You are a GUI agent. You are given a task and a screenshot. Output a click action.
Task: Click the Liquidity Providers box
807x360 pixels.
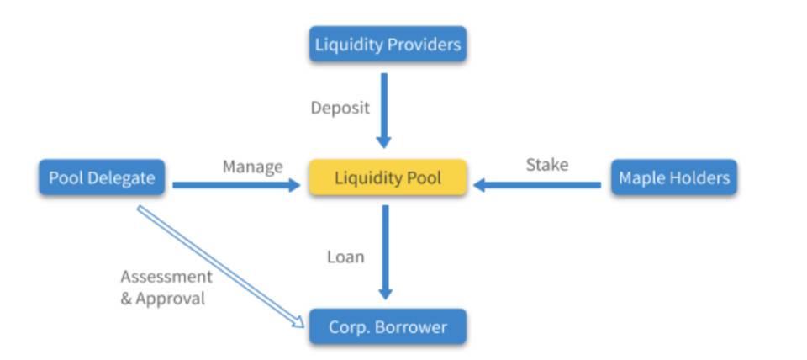388,44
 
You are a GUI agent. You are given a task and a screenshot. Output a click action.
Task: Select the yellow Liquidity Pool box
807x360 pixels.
388,178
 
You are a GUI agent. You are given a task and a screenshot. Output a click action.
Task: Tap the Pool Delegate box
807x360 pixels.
102,178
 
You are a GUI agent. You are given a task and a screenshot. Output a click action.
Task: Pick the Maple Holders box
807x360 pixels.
673,178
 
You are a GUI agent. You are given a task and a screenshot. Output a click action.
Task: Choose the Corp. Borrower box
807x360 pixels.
388,326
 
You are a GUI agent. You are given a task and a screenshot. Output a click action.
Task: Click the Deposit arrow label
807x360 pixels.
340,108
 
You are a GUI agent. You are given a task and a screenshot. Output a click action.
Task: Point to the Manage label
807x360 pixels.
252,167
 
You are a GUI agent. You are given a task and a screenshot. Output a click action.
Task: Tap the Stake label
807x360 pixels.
546,164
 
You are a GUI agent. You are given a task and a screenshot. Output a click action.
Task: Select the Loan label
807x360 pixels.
345,257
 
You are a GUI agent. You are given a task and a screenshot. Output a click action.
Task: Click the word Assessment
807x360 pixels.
166,277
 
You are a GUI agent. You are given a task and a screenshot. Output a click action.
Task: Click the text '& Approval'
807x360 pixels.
162,298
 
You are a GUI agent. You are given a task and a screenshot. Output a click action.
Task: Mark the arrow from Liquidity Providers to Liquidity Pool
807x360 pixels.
384,109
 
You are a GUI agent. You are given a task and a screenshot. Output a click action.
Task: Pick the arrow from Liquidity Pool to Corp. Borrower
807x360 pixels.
385,252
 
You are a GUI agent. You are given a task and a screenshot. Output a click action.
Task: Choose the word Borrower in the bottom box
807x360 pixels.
411,326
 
